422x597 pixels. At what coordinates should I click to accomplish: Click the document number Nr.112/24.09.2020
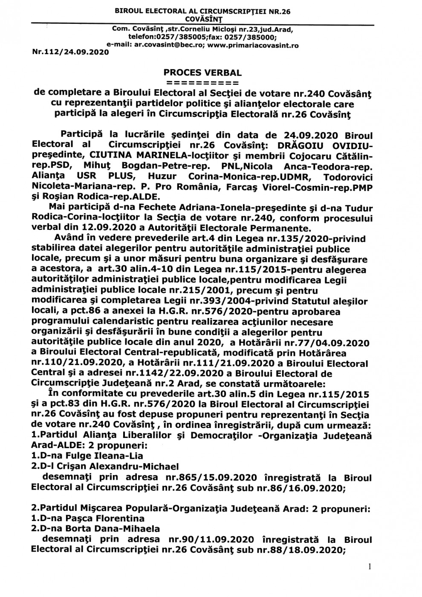click(70, 52)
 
